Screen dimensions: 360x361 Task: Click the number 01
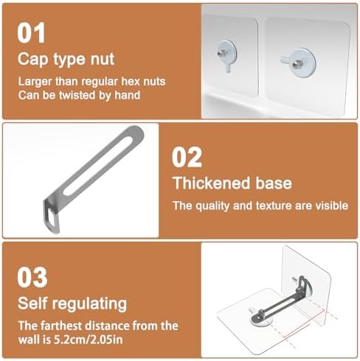(31, 32)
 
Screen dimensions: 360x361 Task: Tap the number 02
(187, 157)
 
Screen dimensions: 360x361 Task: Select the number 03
(32, 277)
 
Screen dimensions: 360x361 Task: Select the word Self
(32, 304)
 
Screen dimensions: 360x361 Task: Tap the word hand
(128, 95)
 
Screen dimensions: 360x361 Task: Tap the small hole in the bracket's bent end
(51, 217)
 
